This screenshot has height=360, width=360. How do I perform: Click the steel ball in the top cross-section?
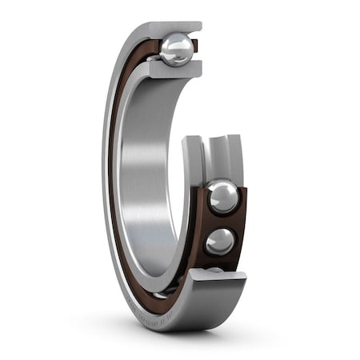(177, 50)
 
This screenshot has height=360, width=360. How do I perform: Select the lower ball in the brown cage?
(219, 241)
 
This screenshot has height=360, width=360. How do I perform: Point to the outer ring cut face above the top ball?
(168, 27)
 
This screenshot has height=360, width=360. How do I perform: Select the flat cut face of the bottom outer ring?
(216, 275)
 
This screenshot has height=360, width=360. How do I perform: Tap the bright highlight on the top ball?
(173, 44)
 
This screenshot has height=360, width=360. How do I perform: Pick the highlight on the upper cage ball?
(217, 190)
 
